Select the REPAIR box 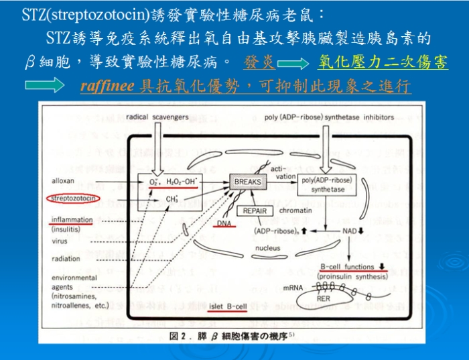[x=255, y=210]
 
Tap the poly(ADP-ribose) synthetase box [x=326, y=185]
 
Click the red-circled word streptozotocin [x=73, y=198]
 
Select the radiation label [x=65, y=259]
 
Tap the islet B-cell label [x=226, y=306]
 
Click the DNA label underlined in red [x=224, y=223]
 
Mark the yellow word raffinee [x=107, y=86]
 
